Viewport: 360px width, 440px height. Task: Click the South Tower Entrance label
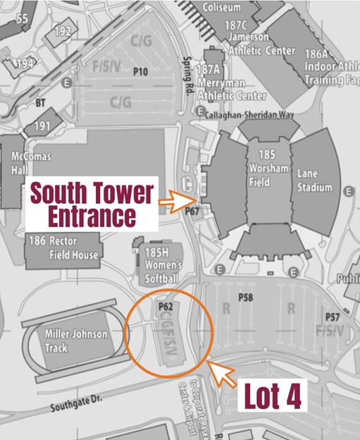pos(90,204)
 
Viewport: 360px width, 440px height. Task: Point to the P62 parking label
pos(166,307)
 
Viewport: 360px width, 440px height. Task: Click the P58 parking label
pos(245,298)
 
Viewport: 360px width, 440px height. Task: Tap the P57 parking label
pos(332,317)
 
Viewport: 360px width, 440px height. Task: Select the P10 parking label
pos(140,71)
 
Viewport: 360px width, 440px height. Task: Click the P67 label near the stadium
pos(192,211)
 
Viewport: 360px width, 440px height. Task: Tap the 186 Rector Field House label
pos(63,248)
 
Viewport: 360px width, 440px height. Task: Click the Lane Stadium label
pos(314,181)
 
